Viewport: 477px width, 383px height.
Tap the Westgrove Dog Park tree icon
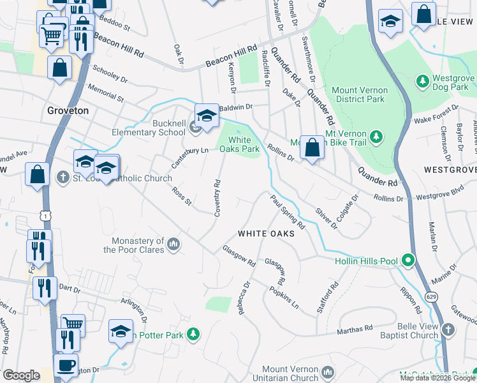coord(422,81)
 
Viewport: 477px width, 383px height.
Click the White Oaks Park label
coord(239,144)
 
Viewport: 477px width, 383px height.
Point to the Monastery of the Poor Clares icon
coord(173,244)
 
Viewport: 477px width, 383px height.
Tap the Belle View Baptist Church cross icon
coord(448,329)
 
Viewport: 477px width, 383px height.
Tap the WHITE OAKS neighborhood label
coord(266,234)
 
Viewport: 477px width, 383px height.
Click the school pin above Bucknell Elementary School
coord(206,116)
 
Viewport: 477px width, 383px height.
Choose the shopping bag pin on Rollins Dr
coord(312,147)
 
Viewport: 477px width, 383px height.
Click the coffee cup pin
coord(65,365)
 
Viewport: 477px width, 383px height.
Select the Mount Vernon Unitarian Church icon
coord(327,372)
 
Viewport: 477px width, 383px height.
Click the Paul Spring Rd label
coord(288,213)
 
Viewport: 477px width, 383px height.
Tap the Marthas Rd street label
coord(355,329)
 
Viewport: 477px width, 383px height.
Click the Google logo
coord(21,375)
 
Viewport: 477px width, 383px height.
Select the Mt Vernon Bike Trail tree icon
coord(376,136)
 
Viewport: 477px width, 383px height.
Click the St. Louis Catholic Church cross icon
coord(62,176)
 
